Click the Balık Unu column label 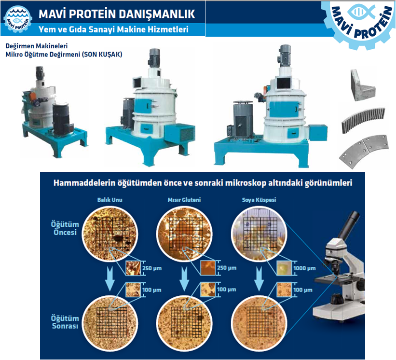pos(110,200)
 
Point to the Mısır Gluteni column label pos(184,200)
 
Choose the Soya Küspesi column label pos(259,200)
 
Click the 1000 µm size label pos(304,268)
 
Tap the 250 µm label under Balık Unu pos(152,268)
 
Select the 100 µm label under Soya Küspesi pos(302,290)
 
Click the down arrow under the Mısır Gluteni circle pos(185,279)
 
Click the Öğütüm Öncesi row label pos(65,228)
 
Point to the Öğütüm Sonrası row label pos(65,322)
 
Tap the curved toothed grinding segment pos(364,121)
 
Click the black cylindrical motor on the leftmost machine pos(61,119)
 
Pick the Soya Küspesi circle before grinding pos(259,234)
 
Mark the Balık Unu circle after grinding pos(110,323)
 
